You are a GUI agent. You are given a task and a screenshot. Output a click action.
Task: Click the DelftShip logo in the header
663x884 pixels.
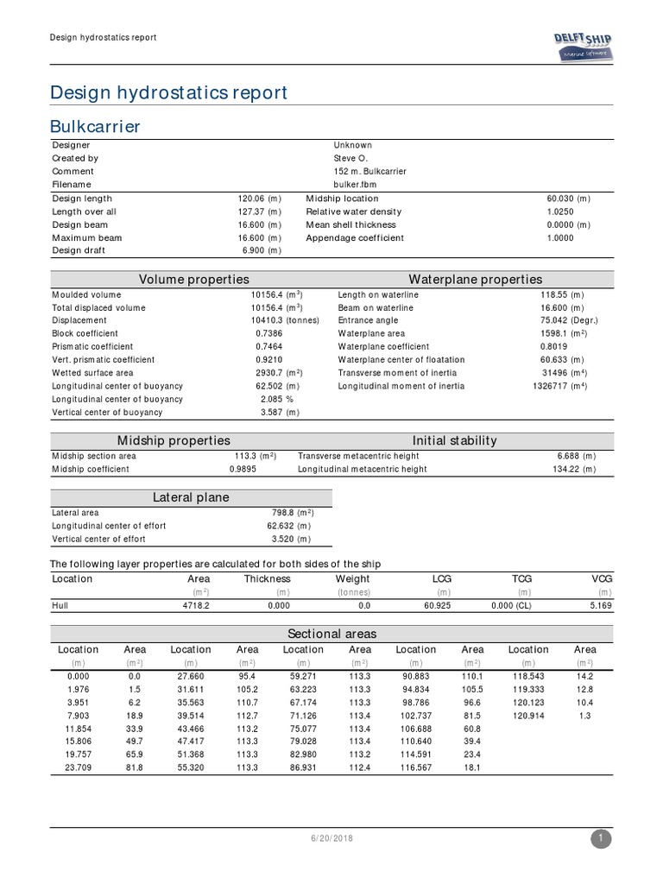pyautogui.click(x=582, y=43)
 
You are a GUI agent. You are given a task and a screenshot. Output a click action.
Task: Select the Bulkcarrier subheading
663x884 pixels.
pyautogui.click(x=96, y=127)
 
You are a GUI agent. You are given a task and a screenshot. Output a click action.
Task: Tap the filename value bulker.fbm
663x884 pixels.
pyautogui.click(x=355, y=184)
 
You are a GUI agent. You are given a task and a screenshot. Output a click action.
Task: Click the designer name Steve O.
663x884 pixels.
pyautogui.click(x=350, y=158)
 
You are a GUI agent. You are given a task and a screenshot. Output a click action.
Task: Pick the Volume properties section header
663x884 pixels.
pyautogui.click(x=194, y=279)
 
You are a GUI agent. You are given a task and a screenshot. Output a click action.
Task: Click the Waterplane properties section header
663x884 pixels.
pyautogui.click(x=475, y=279)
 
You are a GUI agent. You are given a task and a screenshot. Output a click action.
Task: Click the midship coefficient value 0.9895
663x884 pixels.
pyautogui.click(x=244, y=469)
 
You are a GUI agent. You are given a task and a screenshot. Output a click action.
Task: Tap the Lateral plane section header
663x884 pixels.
pyautogui.click(x=191, y=497)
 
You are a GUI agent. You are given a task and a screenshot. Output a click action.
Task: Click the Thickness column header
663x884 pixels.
pyautogui.click(x=267, y=578)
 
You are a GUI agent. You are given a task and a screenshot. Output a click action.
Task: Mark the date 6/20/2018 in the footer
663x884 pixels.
pyautogui.click(x=331, y=838)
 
